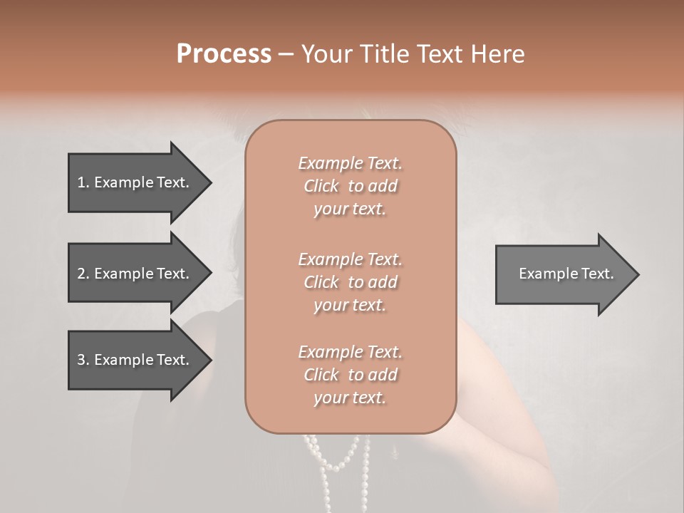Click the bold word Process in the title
tap(224, 54)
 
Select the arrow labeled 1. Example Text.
tap(135, 182)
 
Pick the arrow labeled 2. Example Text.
tap(135, 274)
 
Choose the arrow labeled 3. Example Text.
tap(135, 360)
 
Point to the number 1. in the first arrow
tap(83, 182)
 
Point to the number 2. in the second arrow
tap(83, 274)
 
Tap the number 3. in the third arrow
tap(83, 360)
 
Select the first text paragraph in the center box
tap(350, 186)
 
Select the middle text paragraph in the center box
tap(350, 282)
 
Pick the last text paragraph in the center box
tap(350, 375)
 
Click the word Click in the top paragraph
tap(321, 186)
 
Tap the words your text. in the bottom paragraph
tap(350, 398)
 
